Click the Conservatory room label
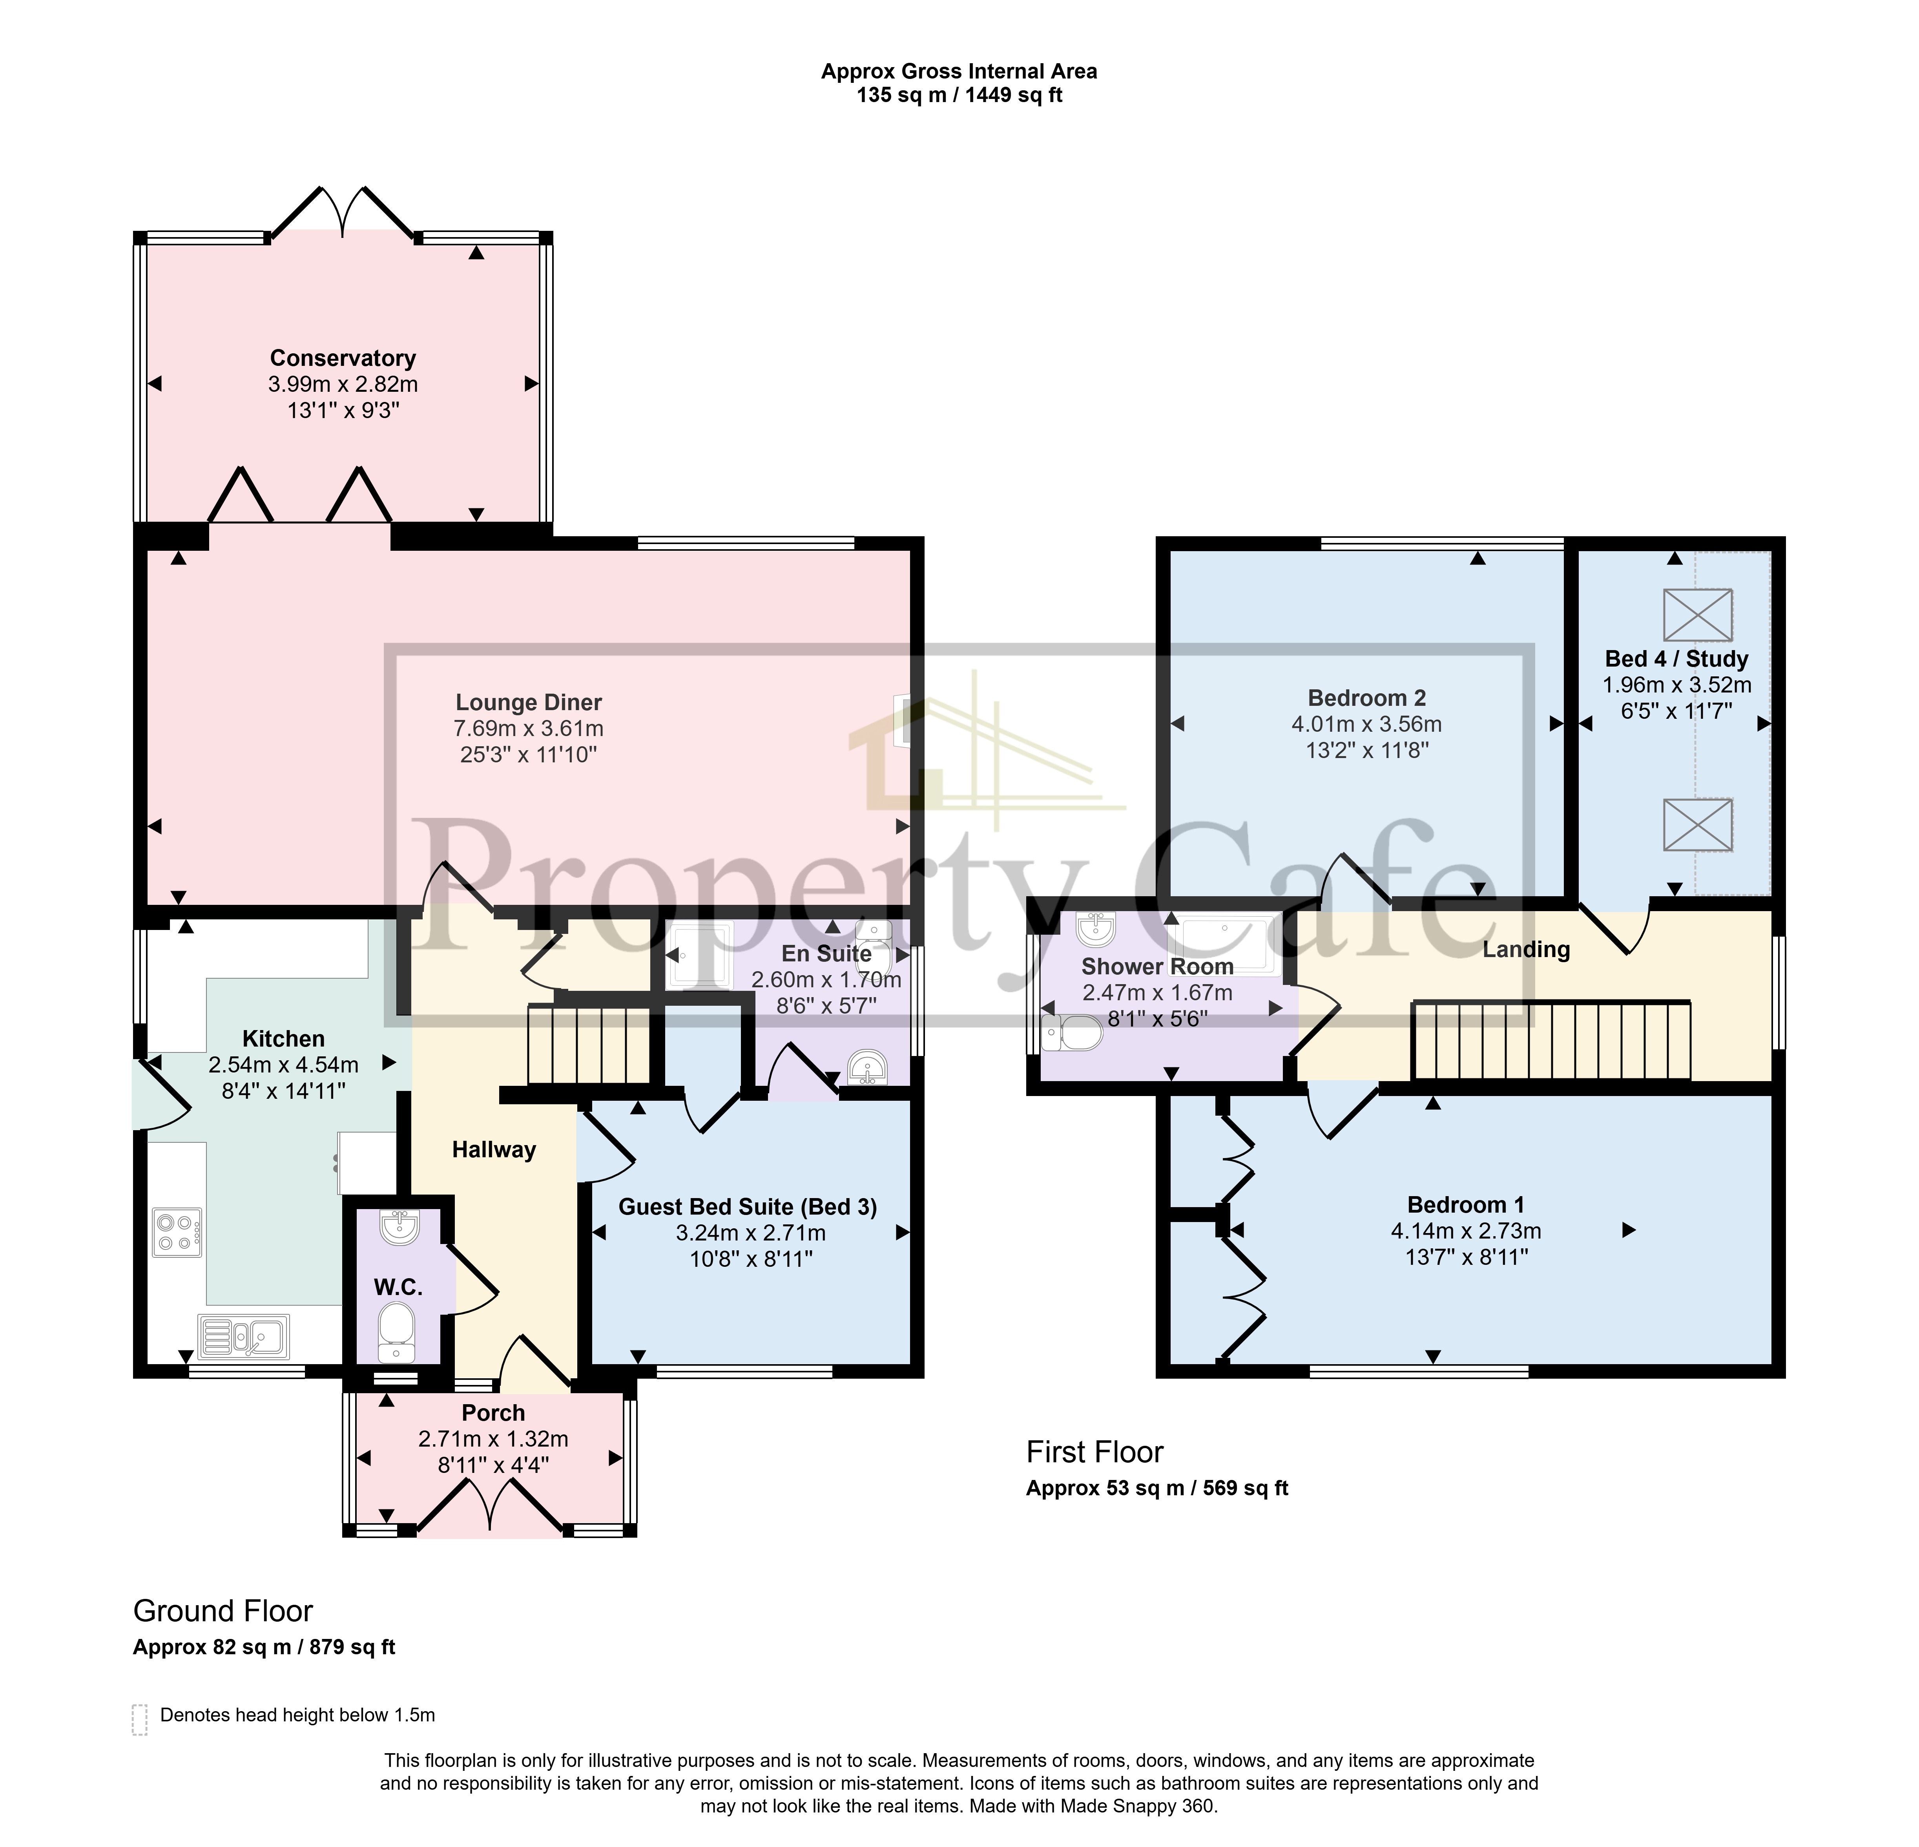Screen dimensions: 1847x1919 343,358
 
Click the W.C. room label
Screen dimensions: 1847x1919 398,1287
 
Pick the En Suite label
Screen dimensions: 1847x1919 826,953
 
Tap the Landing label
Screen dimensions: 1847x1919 1525,949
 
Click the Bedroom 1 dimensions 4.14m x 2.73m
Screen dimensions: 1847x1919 1466,1231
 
